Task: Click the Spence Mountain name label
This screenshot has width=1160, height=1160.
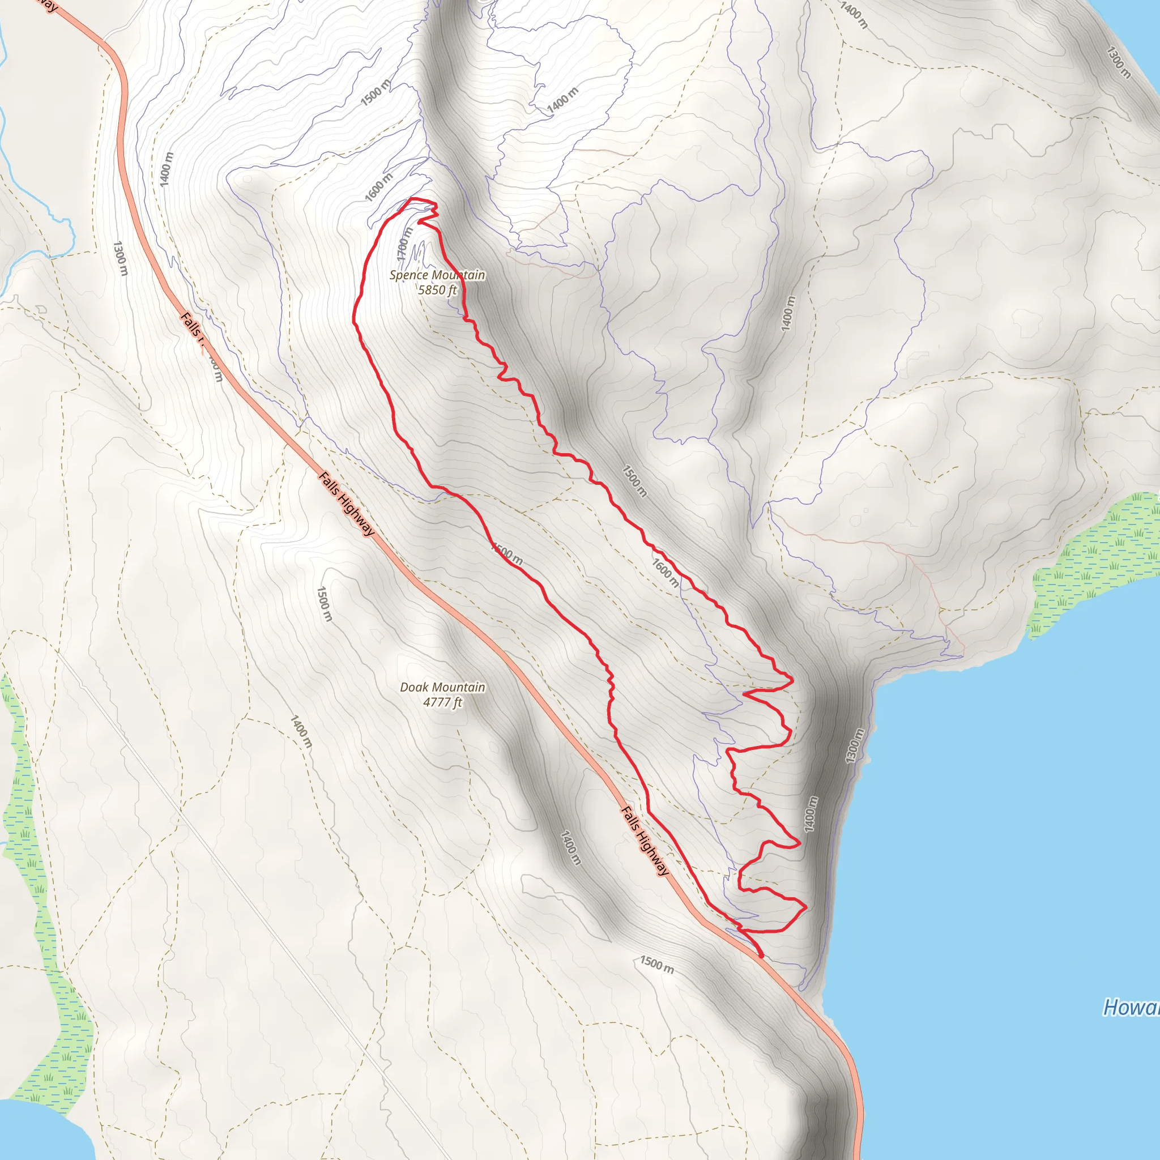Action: (x=437, y=275)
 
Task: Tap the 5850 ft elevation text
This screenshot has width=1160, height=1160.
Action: (x=437, y=290)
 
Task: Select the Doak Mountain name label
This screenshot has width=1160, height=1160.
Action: (x=442, y=687)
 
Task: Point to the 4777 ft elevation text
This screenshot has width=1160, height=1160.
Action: (x=442, y=702)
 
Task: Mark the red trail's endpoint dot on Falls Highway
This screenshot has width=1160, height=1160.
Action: (x=761, y=956)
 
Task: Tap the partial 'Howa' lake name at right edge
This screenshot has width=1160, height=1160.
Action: (x=1131, y=1007)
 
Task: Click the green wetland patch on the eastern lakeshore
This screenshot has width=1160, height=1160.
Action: (x=1093, y=564)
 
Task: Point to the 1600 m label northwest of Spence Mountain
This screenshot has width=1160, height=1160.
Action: (x=378, y=187)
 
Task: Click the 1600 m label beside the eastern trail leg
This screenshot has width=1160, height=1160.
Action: (x=666, y=573)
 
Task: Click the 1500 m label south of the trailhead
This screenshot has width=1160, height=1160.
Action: (x=656, y=965)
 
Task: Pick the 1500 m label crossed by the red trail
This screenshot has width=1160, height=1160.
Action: (x=507, y=553)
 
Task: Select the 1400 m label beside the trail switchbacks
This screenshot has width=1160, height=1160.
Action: (x=811, y=814)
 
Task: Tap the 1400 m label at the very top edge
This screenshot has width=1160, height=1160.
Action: (x=854, y=16)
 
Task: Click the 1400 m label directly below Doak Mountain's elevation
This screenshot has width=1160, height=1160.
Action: (x=301, y=731)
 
